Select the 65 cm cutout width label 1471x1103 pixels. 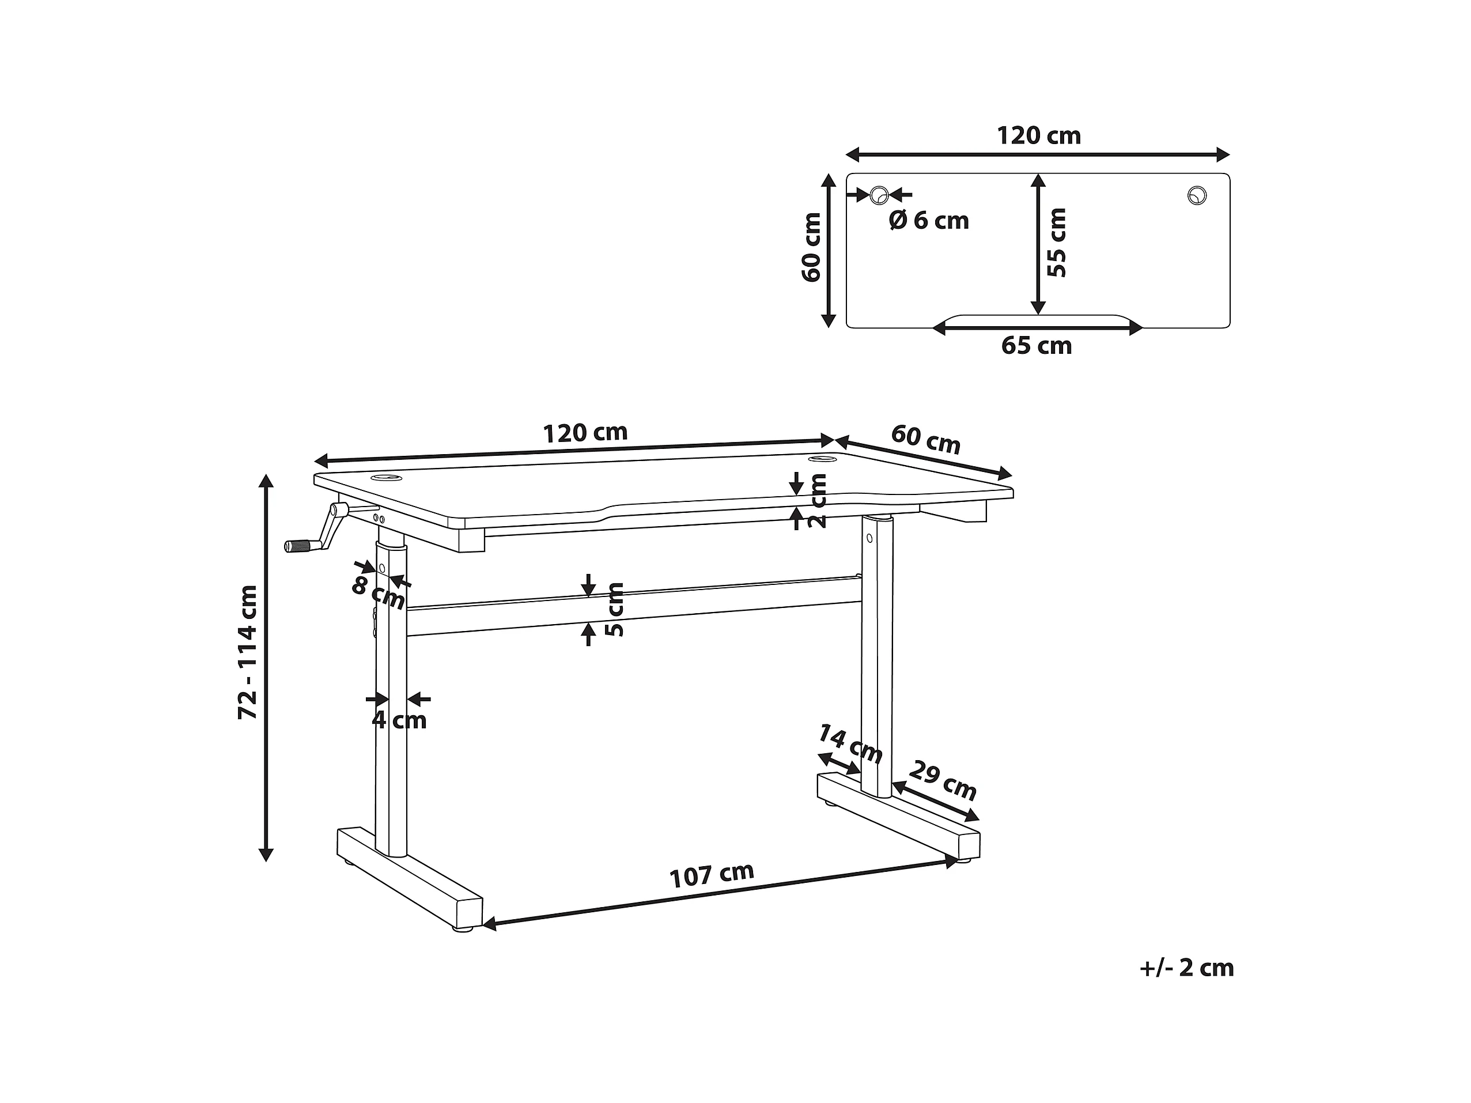point(1037,346)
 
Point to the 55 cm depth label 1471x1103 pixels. point(1056,242)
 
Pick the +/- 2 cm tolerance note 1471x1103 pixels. point(1186,968)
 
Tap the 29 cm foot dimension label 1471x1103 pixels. point(942,780)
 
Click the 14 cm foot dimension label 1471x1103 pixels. point(849,744)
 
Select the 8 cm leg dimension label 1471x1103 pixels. point(378,594)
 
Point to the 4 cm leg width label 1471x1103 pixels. point(399,720)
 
